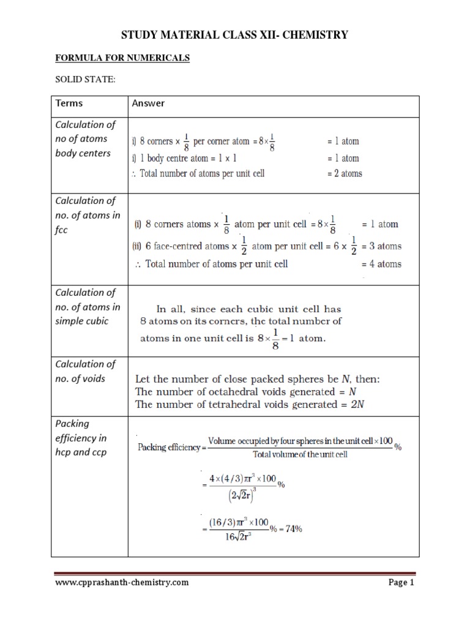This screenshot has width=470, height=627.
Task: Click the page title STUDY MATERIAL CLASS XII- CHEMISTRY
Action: (234, 35)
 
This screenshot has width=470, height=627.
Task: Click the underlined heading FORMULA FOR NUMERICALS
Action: (122, 58)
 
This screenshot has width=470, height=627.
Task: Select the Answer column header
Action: (148, 103)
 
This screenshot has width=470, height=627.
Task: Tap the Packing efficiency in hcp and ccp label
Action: (81, 438)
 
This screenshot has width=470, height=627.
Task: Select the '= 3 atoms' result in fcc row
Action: (379, 246)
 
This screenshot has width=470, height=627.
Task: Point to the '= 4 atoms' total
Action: (379, 264)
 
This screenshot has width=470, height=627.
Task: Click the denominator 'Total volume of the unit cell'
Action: (300, 454)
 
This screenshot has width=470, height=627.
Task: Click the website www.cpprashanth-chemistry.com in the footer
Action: (122, 583)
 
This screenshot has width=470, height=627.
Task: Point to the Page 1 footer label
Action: (401, 583)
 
